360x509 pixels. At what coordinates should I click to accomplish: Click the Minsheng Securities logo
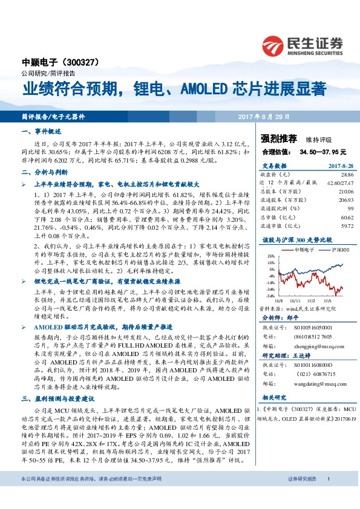click(302, 44)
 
